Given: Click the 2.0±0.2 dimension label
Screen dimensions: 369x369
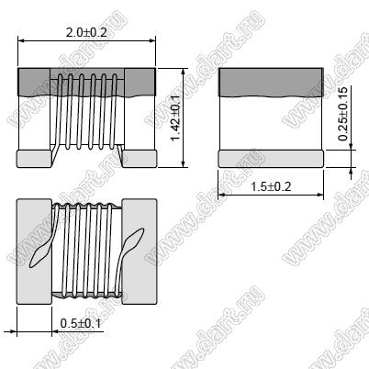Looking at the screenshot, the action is click(x=86, y=32).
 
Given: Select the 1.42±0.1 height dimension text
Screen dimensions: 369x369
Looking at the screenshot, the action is click(x=175, y=118).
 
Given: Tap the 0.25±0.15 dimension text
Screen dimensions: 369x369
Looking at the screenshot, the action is click(x=343, y=114).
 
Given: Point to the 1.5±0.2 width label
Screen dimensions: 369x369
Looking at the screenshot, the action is click(x=271, y=186).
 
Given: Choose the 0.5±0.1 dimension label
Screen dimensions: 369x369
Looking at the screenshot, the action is click(x=81, y=323).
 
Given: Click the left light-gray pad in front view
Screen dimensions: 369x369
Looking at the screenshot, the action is click(x=34, y=159).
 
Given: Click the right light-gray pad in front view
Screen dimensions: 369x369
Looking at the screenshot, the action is click(x=140, y=159).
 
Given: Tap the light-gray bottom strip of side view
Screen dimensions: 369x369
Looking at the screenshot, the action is click(x=271, y=159).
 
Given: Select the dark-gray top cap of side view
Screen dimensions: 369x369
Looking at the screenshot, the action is click(x=271, y=83).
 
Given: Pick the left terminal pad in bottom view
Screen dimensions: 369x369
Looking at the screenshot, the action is click(x=34, y=252).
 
